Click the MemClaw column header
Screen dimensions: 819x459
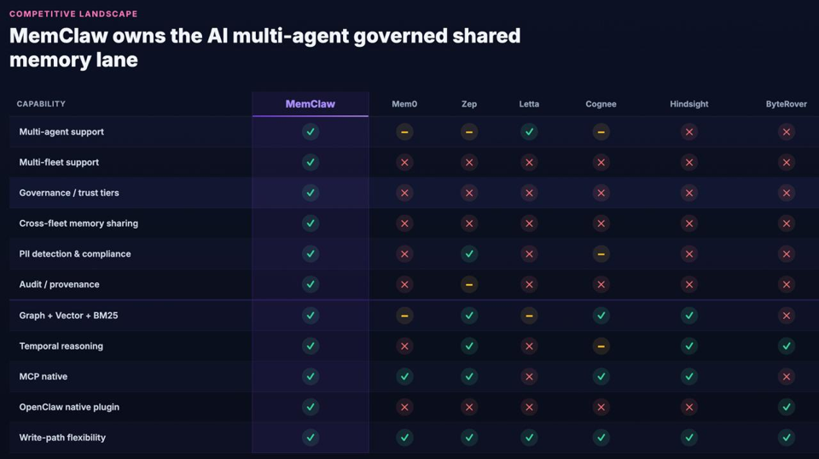click(x=311, y=104)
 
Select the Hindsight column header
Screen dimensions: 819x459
click(x=689, y=104)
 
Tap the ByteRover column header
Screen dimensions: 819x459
click(x=786, y=104)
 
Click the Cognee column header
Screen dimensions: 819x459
click(x=601, y=104)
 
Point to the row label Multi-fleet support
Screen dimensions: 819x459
click(x=59, y=162)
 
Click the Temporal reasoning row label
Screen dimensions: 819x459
click(x=61, y=346)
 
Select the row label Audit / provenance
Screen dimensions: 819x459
click(x=59, y=285)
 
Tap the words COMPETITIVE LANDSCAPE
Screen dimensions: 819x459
click(x=73, y=15)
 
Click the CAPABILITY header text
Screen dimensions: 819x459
click(x=41, y=104)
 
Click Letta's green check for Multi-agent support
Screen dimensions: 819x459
click(x=529, y=131)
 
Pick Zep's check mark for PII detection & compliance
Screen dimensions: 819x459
click(x=469, y=253)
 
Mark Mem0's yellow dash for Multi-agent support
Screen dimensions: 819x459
click(x=404, y=132)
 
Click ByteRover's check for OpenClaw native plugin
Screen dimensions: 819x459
click(x=786, y=407)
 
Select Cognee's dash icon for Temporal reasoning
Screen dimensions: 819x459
click(x=601, y=346)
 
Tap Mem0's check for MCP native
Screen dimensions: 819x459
click(x=404, y=376)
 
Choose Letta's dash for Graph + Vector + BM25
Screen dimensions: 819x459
click(x=529, y=316)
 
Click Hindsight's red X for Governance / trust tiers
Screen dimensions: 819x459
click(x=689, y=193)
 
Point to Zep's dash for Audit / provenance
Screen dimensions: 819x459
click(x=469, y=285)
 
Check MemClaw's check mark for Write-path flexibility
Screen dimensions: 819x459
click(x=311, y=438)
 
